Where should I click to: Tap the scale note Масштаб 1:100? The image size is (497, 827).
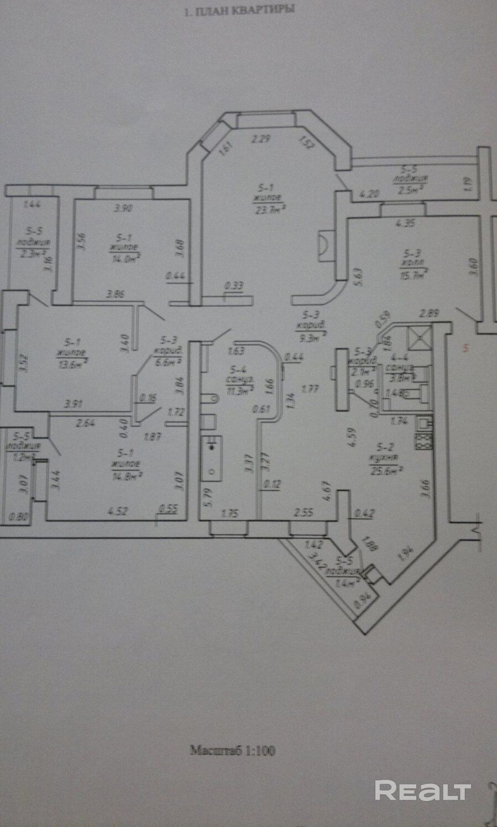(233, 750)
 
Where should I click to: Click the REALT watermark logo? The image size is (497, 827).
(422, 791)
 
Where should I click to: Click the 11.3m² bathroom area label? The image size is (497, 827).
(240, 388)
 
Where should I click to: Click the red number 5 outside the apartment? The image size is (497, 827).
(466, 348)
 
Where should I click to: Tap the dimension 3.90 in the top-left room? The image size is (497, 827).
(123, 209)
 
